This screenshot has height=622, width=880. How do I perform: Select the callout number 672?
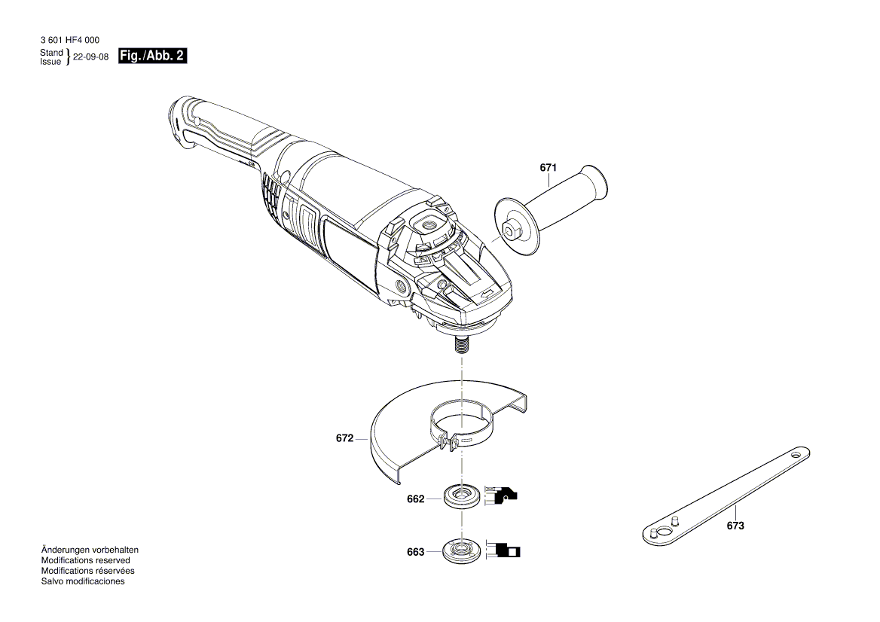coord(344,438)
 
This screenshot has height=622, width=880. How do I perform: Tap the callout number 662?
coord(415,499)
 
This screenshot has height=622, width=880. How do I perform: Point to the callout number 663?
coord(415,552)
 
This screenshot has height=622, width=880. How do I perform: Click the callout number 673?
coord(735,526)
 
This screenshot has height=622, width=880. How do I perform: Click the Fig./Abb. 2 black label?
coord(153,56)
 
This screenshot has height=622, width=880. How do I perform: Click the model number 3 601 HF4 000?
coord(68,40)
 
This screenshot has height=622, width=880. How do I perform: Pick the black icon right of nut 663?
coord(503,550)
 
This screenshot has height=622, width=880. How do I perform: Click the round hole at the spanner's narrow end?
coord(794,455)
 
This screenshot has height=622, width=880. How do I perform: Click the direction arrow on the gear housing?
coord(488,293)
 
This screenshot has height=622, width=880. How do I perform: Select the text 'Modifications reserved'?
coord(85,560)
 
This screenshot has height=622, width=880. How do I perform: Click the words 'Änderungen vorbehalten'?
coord(90,550)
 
